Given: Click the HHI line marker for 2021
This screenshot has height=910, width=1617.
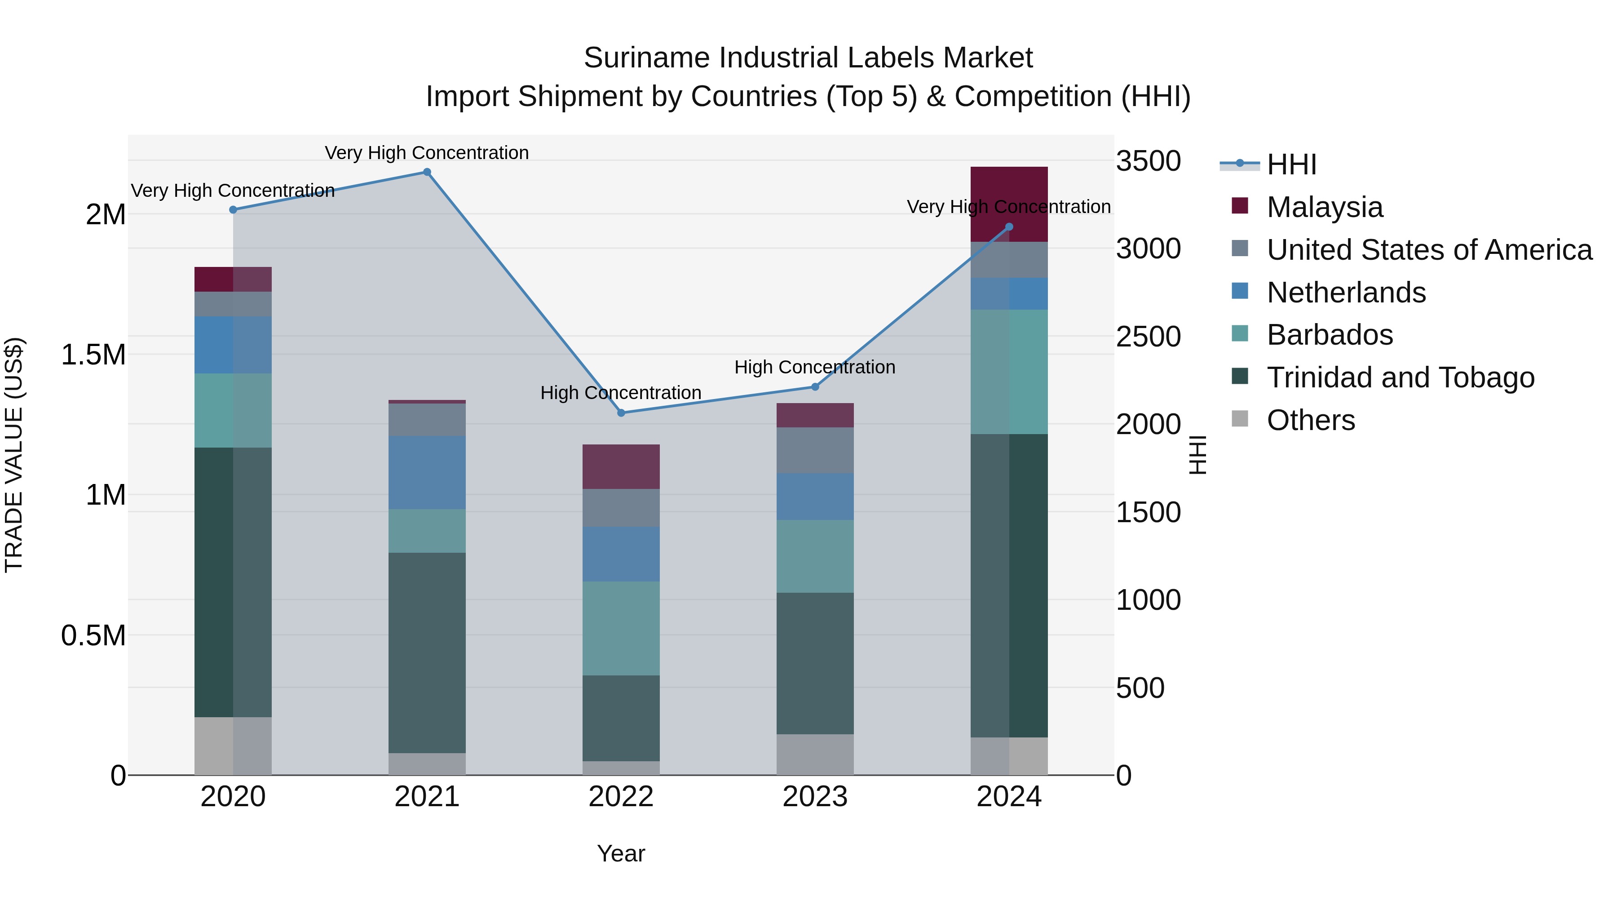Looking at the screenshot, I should pyautogui.click(x=427, y=172).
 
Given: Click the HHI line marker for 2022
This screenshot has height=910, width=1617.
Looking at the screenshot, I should pyautogui.click(x=621, y=413).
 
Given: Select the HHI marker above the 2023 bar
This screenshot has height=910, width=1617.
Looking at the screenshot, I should pyautogui.click(x=815, y=387).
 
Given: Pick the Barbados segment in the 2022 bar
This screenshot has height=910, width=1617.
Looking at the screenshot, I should pyautogui.click(x=621, y=628).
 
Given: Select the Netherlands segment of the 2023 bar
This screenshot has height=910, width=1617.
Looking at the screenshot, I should pyautogui.click(x=815, y=496).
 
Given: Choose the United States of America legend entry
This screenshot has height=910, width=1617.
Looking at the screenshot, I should pyautogui.click(x=1429, y=250).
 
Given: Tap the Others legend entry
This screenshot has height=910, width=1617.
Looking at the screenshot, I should pyautogui.click(x=1310, y=420).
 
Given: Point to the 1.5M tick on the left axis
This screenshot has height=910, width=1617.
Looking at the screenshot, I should pyautogui.click(x=93, y=355).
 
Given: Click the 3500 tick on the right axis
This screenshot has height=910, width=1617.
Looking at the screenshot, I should pyautogui.click(x=1148, y=161).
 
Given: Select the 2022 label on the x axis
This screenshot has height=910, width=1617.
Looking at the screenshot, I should pyautogui.click(x=621, y=797).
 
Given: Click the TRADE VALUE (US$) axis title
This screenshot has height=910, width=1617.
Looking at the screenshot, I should pyautogui.click(x=14, y=455).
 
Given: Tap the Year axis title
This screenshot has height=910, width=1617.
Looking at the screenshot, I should pyautogui.click(x=621, y=853).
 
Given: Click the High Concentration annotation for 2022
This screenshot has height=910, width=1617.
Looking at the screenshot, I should pyautogui.click(x=621, y=392).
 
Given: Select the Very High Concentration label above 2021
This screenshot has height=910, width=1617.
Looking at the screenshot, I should pyautogui.click(x=427, y=153).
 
